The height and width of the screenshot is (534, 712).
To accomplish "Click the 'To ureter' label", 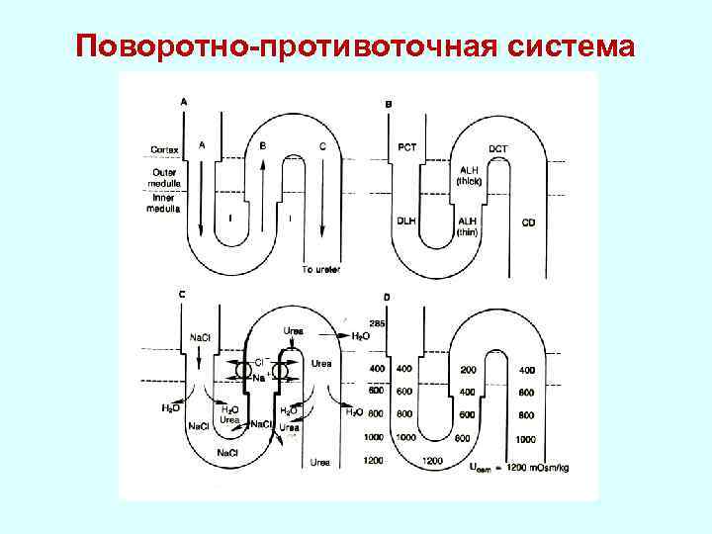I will click(x=321, y=269).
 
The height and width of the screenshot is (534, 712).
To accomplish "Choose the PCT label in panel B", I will click(x=407, y=147).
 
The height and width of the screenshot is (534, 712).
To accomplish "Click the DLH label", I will click(x=406, y=220).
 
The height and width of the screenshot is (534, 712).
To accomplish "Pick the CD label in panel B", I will click(x=529, y=222).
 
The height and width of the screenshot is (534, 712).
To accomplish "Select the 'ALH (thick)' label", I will click(x=468, y=174).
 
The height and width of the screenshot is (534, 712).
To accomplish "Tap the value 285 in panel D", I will click(x=376, y=323).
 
